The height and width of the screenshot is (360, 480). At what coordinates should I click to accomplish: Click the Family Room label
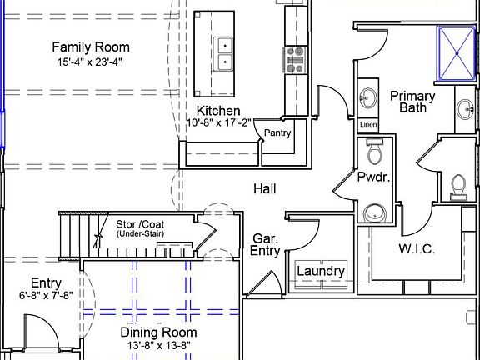(91, 47)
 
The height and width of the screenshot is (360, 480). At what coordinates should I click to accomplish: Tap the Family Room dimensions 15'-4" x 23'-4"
(90, 62)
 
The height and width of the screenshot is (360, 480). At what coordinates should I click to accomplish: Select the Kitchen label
(218, 111)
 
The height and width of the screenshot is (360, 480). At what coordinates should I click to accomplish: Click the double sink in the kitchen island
(222, 54)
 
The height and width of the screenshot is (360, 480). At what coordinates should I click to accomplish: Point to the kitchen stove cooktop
(295, 60)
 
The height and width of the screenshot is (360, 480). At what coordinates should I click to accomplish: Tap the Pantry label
(277, 132)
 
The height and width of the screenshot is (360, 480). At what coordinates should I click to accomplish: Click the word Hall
(265, 189)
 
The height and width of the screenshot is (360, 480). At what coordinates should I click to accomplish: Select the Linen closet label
(368, 125)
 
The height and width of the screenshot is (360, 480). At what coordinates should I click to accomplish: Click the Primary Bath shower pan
(457, 53)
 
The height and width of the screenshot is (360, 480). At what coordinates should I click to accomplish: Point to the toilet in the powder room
(375, 151)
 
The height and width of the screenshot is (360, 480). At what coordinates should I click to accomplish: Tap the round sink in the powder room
(375, 212)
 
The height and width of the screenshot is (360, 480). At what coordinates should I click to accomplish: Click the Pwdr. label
(374, 177)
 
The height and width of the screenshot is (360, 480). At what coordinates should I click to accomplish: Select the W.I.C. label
(417, 248)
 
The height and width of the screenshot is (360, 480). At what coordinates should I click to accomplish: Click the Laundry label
(321, 271)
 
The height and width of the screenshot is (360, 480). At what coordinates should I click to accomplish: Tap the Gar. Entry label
(265, 245)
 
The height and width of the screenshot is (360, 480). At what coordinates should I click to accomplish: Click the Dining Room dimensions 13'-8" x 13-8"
(159, 346)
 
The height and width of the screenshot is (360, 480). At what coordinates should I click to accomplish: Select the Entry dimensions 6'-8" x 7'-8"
(46, 295)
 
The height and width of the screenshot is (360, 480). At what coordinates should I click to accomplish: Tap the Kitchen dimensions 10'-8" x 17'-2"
(218, 122)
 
